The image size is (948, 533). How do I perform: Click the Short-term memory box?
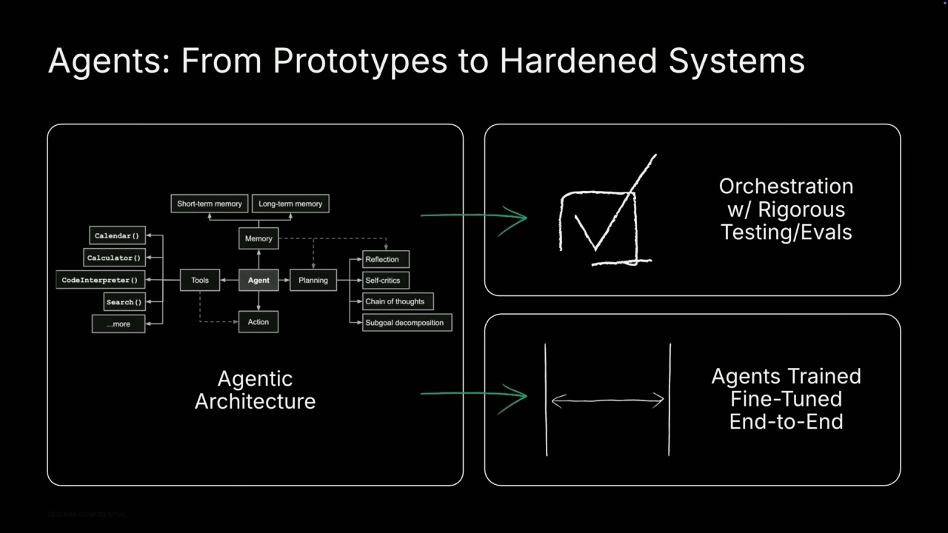click(210, 204)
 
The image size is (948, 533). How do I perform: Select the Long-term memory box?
click(290, 204)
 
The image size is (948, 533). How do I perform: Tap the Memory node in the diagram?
click(258, 238)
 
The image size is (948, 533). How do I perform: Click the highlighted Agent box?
click(258, 280)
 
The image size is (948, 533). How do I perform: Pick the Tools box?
click(200, 280)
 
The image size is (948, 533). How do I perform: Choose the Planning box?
click(313, 280)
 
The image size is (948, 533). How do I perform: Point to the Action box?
click(258, 322)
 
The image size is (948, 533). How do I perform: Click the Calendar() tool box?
click(117, 235)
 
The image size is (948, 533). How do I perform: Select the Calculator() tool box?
click(114, 258)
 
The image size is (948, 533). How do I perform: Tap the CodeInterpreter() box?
click(100, 280)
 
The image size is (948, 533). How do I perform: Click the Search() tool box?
click(124, 302)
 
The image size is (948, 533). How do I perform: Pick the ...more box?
click(118, 324)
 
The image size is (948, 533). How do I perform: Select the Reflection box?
click(386, 259)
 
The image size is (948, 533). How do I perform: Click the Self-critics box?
click(386, 281)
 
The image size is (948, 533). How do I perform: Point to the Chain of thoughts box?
click(398, 301)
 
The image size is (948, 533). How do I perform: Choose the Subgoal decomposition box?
click(407, 323)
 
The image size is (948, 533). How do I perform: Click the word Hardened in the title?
click(578, 61)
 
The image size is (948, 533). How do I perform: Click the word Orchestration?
click(786, 187)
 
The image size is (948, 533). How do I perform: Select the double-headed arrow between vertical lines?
click(608, 400)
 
